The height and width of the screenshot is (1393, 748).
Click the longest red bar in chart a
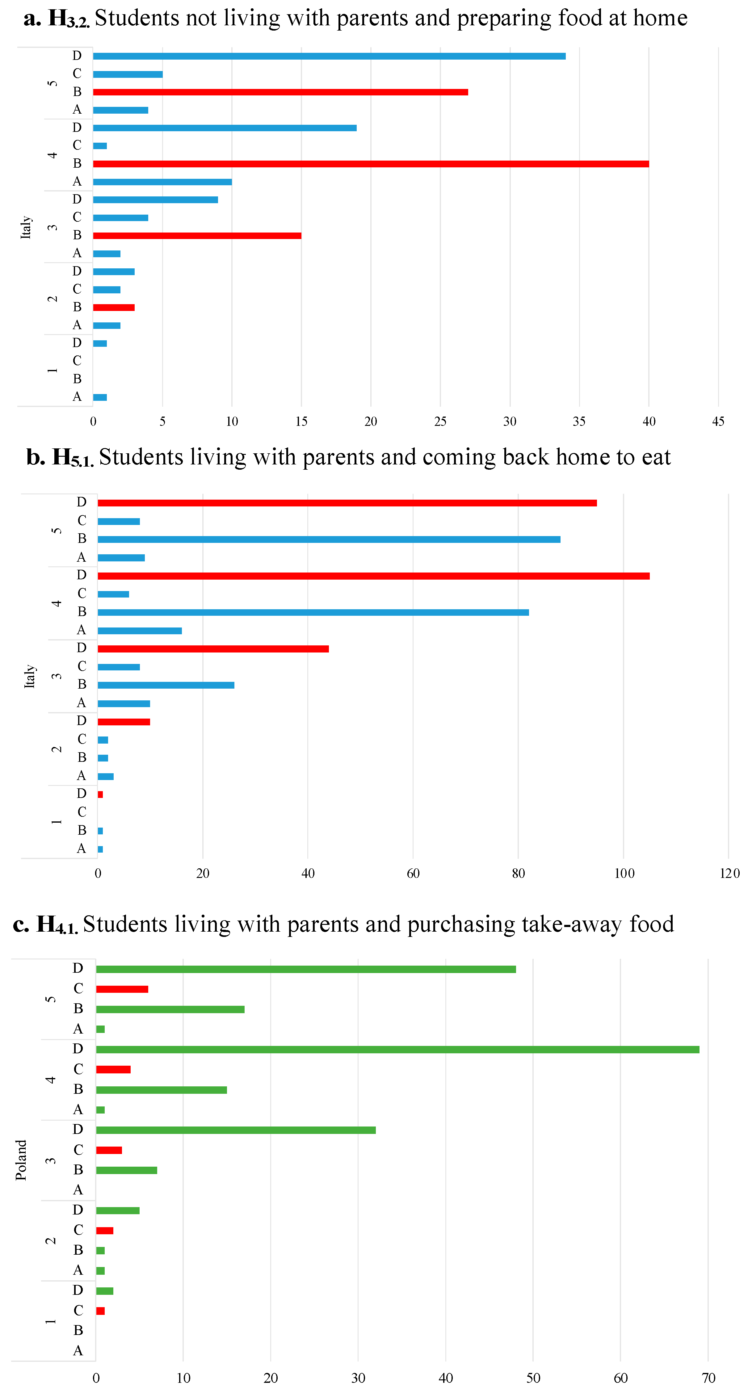pyautogui.click(x=371, y=164)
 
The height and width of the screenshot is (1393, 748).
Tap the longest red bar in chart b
pyautogui.click(x=373, y=576)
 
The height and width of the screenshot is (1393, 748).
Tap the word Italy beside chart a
pyautogui.click(x=25, y=227)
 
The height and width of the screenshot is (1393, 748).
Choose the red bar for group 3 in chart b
pyautogui.click(x=213, y=649)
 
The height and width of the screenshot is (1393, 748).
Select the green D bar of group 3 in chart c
pyautogui.click(x=236, y=1130)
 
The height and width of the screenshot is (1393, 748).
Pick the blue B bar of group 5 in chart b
pyautogui.click(x=329, y=539)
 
